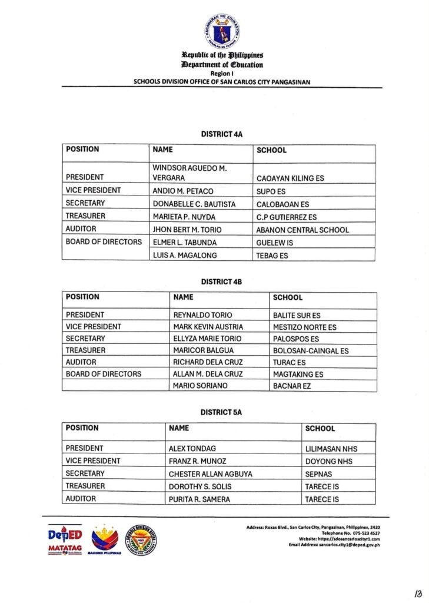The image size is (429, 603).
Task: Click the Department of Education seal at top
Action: (222, 31)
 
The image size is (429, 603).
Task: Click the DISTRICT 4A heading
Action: (222, 134)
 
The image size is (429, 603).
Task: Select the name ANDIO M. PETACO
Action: (183, 191)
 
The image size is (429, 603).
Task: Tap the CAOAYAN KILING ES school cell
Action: (290, 178)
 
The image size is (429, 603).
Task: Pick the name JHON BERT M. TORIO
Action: (187, 229)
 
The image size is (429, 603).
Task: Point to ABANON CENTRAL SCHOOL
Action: (302, 230)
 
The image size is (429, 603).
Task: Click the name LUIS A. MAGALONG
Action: (184, 255)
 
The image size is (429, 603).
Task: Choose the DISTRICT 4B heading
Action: (221, 282)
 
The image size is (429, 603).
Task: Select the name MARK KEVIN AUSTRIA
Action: (208, 327)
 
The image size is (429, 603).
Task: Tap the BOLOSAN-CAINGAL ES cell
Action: (311, 351)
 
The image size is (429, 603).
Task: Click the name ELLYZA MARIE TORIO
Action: (207, 339)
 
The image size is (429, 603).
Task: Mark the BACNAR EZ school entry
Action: (292, 386)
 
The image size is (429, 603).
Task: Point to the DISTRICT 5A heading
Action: (221, 413)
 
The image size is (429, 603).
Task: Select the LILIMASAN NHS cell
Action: (331, 449)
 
